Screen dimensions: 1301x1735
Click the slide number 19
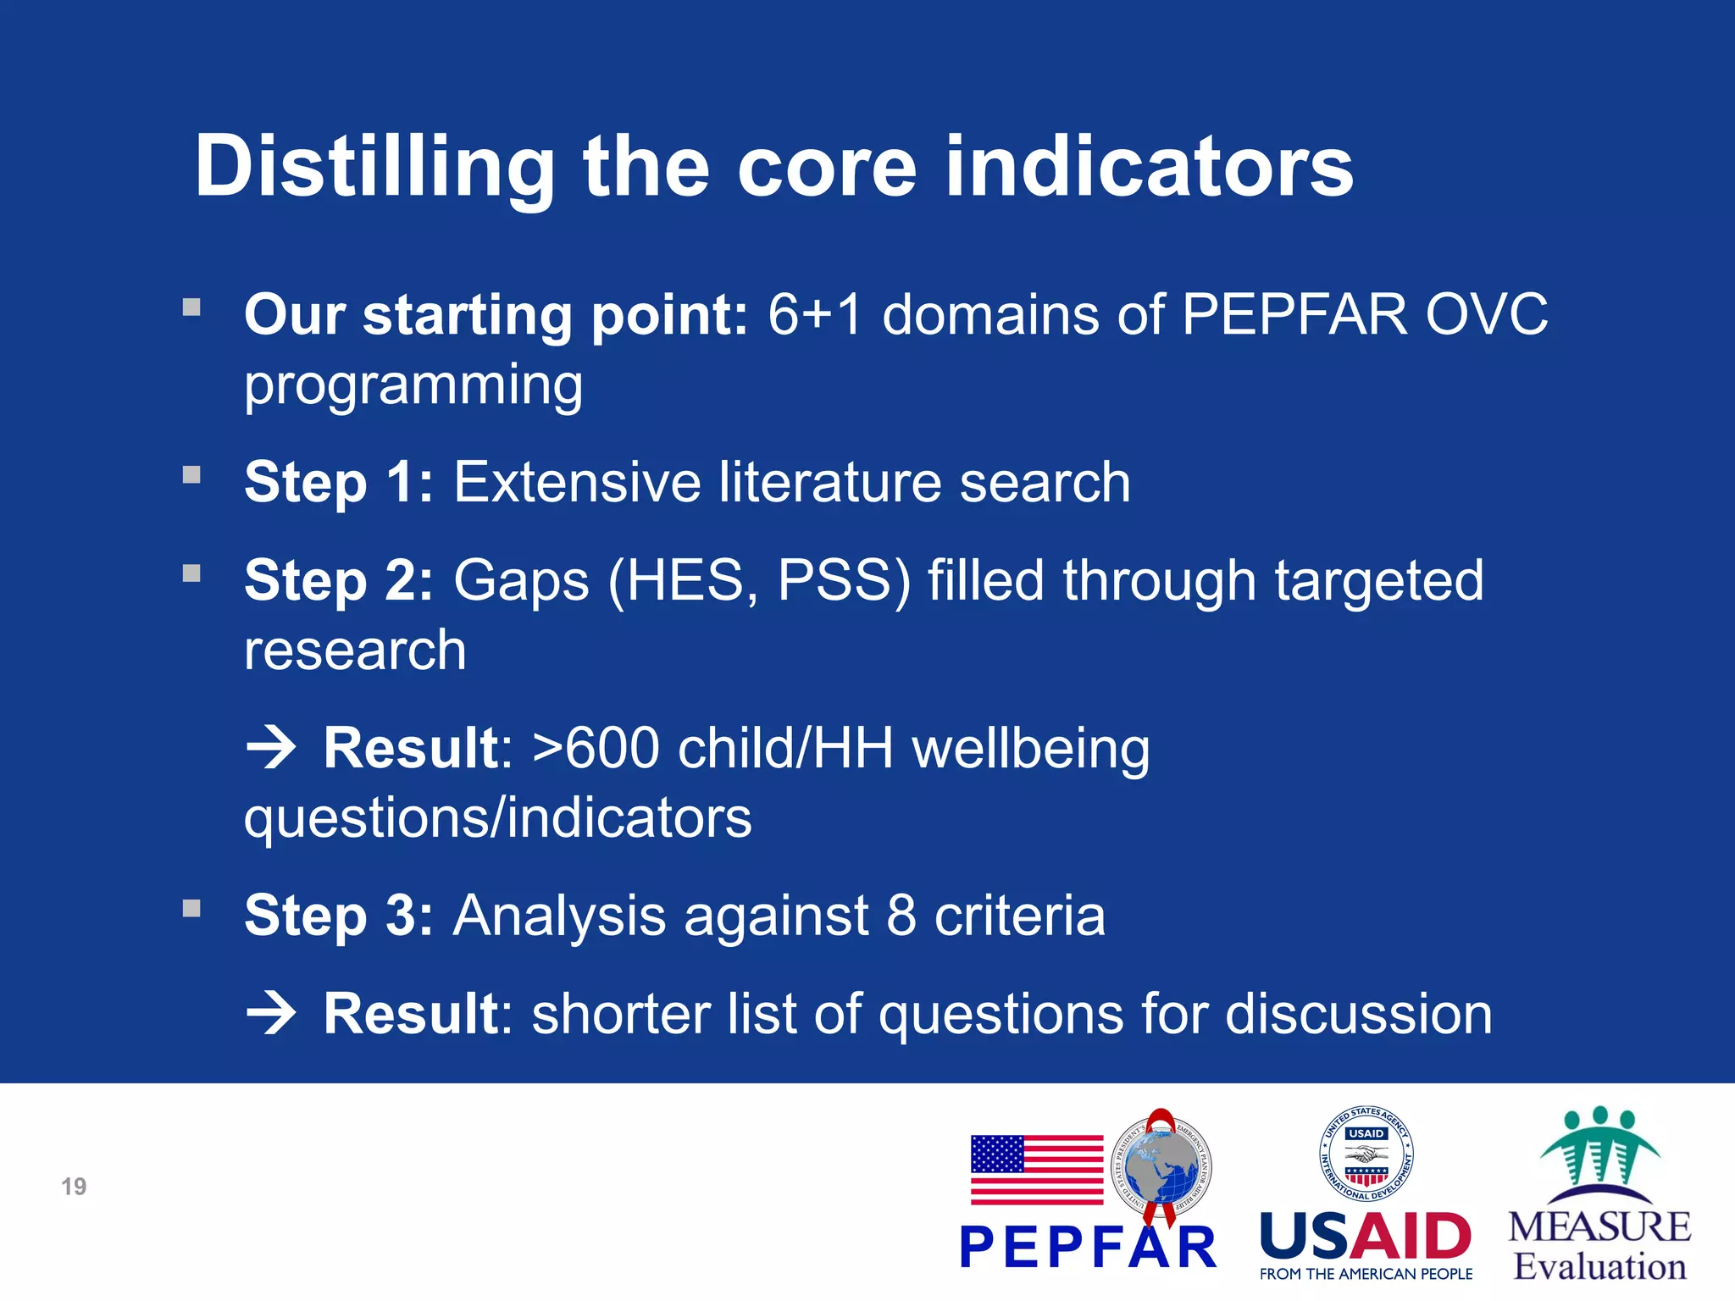pos(74,1187)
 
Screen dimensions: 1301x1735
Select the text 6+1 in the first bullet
pos(814,315)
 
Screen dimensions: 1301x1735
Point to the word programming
pos(413,386)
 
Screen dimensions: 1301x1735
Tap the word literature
pos(831,483)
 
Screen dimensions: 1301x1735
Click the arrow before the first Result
pos(271,749)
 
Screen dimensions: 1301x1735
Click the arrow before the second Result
pos(271,1014)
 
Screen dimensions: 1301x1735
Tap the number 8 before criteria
pos(901,916)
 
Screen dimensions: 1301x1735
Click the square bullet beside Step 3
pos(191,909)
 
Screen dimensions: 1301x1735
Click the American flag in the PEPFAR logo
pos(1037,1170)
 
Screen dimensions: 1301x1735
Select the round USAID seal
pos(1366,1154)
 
